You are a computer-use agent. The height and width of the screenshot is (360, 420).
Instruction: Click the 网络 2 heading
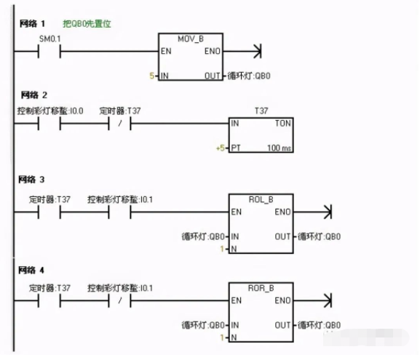pos(33,95)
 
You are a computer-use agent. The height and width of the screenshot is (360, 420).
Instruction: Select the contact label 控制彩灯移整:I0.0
pos(50,111)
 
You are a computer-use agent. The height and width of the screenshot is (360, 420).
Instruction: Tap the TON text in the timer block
pos(282,123)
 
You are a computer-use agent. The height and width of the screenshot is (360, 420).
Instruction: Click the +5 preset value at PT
pos(221,148)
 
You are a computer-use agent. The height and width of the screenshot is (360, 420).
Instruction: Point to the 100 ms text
pos(279,148)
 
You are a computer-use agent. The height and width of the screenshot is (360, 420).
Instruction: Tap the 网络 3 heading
pos(33,178)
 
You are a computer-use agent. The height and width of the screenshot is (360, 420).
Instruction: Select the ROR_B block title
pos(261,287)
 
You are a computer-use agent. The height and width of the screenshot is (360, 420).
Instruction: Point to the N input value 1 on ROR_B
pos(223,337)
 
